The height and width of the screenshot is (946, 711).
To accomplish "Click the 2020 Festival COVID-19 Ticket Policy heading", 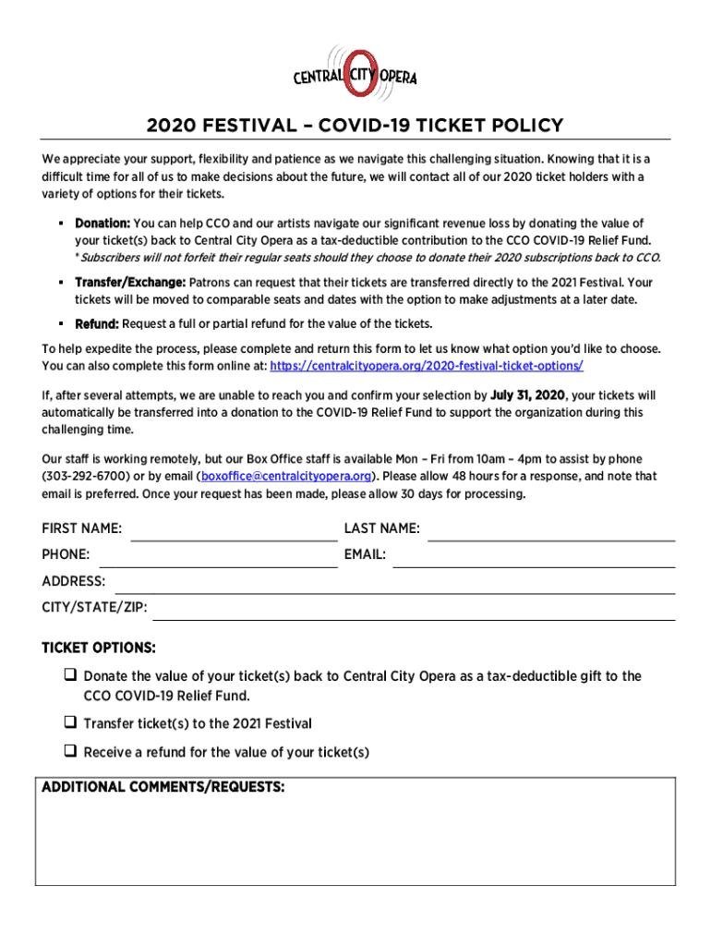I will (355, 126).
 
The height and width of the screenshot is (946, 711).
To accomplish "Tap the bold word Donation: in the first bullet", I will (102, 224).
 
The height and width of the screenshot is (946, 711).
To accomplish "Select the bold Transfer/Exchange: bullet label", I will (130, 283).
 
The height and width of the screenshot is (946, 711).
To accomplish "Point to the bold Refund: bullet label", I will (97, 324).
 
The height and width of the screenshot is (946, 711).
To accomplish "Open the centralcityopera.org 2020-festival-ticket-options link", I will (427, 366).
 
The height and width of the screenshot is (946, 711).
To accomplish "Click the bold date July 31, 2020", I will (527, 395).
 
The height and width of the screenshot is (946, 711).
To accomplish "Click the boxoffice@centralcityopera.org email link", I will (286, 477).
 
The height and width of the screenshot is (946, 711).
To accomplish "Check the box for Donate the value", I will (70, 675).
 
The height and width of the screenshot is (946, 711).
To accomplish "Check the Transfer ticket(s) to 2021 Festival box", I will (70, 722).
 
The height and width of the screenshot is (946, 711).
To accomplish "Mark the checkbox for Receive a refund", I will (70, 751).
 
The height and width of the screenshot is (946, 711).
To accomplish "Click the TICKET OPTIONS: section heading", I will (99, 648).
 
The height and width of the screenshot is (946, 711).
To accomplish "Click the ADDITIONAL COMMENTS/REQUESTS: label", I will (163, 788).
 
